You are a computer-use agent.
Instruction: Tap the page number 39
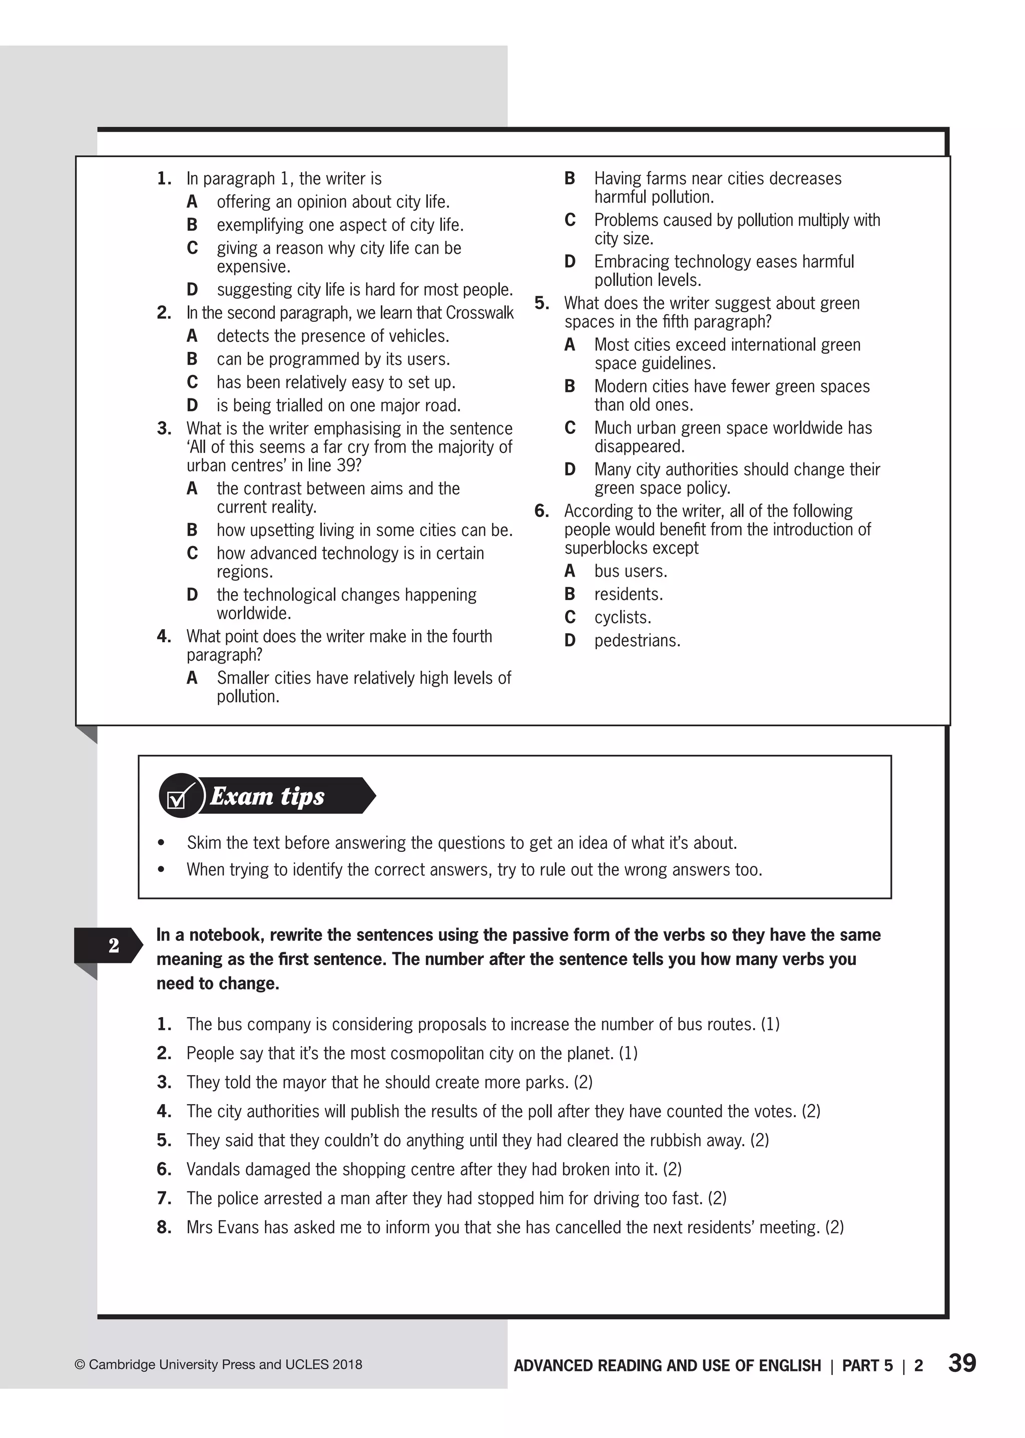(962, 1362)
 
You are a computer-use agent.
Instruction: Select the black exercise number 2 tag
(112, 945)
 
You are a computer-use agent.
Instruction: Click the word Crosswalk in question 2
(479, 313)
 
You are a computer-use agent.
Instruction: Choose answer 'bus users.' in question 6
(630, 571)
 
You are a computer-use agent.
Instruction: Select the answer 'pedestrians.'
(637, 641)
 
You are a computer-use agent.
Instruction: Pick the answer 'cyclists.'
(622, 617)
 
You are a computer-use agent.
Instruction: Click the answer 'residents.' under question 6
(628, 595)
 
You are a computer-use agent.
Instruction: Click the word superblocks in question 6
(631, 548)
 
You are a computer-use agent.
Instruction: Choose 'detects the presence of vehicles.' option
(333, 336)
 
